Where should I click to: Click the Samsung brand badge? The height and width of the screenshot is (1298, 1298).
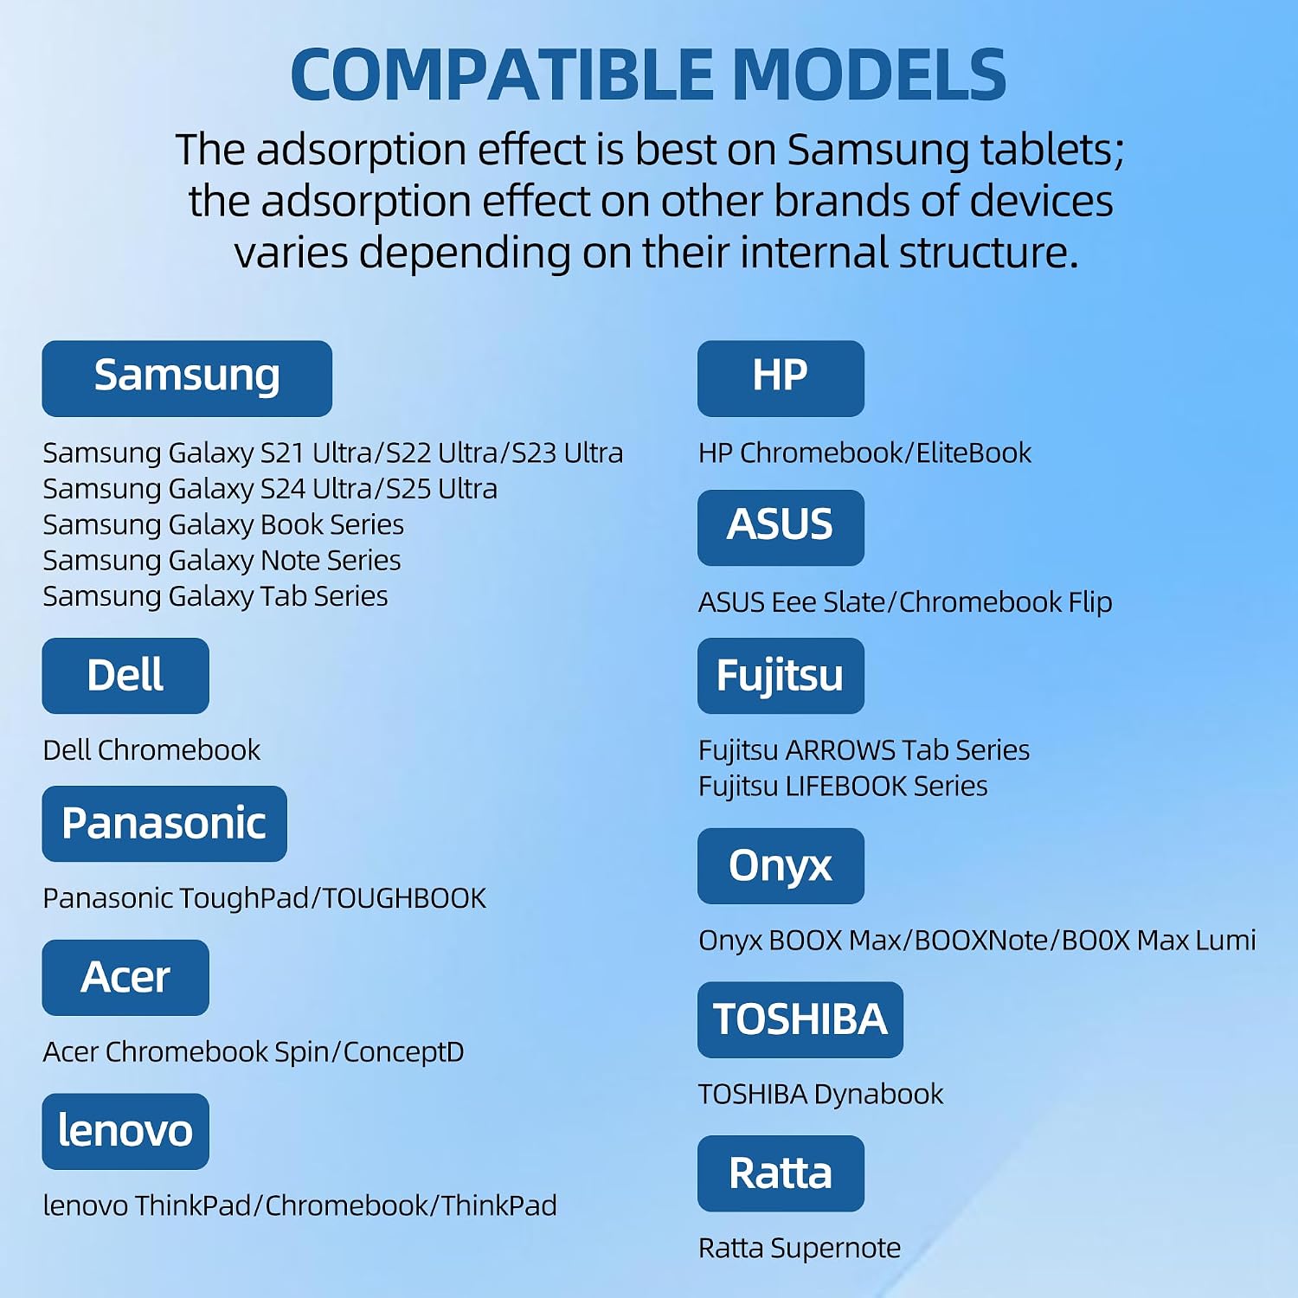(187, 378)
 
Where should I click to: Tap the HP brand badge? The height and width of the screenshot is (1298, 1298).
(781, 378)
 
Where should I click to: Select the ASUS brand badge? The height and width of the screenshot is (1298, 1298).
(781, 528)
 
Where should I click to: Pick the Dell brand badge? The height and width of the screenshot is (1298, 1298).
(125, 676)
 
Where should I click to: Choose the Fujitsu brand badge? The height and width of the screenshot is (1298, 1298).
(781, 676)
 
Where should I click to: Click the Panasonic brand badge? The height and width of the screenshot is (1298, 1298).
(164, 824)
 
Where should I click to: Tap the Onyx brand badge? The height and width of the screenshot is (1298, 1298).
(781, 866)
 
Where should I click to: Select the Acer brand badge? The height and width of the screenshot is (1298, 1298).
(125, 978)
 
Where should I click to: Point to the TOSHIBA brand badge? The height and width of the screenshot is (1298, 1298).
(800, 1019)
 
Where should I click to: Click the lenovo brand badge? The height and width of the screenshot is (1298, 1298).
(125, 1132)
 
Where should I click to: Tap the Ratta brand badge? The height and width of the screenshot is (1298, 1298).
(781, 1173)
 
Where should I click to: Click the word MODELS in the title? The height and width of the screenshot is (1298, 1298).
(869, 75)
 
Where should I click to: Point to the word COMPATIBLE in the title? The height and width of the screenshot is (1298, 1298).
(502, 75)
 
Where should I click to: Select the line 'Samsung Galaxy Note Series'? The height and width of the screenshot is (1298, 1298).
(222, 561)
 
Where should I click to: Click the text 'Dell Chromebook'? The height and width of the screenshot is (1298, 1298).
(151, 749)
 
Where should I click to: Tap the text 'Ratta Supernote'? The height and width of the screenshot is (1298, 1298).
(800, 1249)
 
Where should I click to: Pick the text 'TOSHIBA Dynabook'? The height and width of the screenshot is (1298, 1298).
(820, 1095)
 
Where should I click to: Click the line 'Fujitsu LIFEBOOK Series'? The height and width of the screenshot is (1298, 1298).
(843, 786)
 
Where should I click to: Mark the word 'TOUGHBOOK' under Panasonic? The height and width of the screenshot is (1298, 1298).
(404, 898)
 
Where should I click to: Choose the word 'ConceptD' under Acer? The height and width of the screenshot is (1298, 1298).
(403, 1052)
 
